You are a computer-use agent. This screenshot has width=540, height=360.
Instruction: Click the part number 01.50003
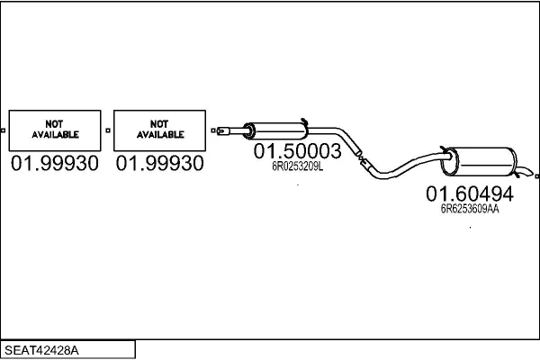(297, 151)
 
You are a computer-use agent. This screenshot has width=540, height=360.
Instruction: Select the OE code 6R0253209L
(297, 166)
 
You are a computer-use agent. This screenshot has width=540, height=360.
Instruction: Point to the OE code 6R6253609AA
(469, 209)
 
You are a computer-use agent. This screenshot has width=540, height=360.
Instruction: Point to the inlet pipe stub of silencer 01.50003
(232, 132)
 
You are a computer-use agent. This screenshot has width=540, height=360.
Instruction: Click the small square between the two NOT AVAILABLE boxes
(108, 130)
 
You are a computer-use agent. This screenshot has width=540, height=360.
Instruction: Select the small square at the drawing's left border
(4, 130)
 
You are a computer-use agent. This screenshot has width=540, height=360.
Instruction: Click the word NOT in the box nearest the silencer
(160, 123)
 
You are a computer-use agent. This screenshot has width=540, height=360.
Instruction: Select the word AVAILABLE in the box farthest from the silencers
(55, 135)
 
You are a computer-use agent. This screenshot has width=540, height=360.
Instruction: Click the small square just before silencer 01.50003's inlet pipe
(214, 130)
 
